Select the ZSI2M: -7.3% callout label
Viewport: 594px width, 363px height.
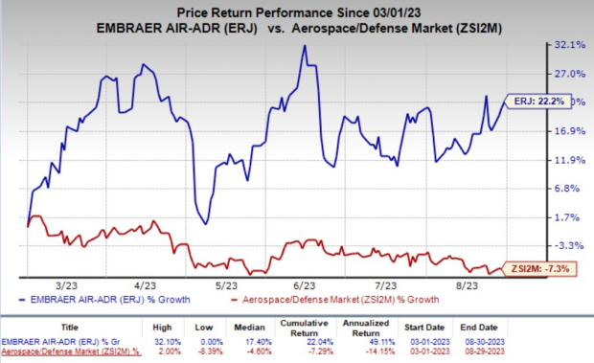[543, 269]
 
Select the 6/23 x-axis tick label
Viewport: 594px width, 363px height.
[306, 285]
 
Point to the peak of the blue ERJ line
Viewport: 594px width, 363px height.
[304, 46]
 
